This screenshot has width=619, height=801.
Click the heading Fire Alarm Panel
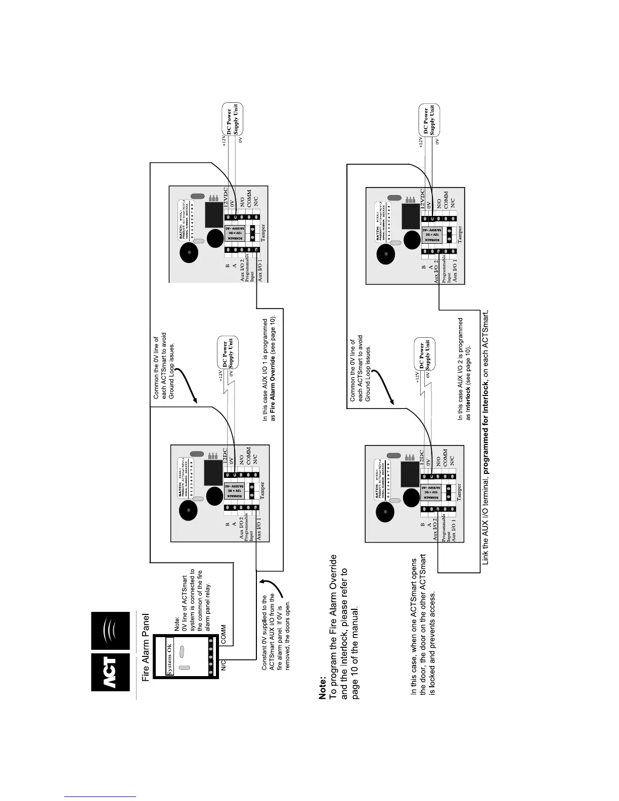[x=146, y=648]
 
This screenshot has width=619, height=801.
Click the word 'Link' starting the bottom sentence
[x=485, y=557]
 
